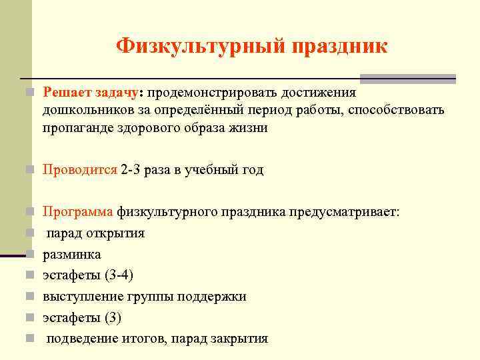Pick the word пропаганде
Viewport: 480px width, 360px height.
pyautogui.click(x=74, y=128)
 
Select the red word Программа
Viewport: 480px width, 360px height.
pyautogui.click(x=79, y=213)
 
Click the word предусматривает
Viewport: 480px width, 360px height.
pyautogui.click(x=344, y=213)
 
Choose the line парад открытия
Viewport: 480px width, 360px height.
pyautogui.click(x=95, y=233)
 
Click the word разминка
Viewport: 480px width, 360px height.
pyautogui.click(x=72, y=255)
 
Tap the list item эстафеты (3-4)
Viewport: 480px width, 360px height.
pyautogui.click(x=93, y=275)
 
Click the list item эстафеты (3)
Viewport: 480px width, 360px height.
pyautogui.click(x=83, y=318)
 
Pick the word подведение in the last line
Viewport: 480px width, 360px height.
pyautogui.click(x=82, y=339)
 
